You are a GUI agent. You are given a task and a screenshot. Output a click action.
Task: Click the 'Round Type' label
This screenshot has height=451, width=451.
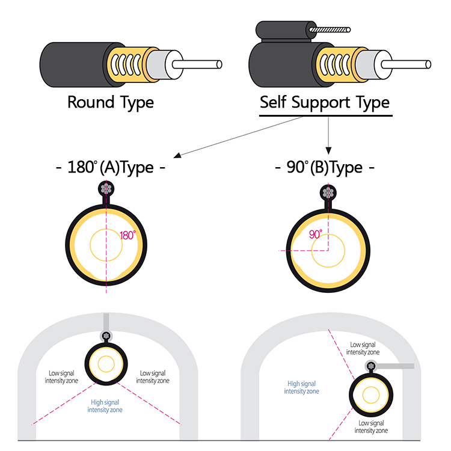[x=110, y=102]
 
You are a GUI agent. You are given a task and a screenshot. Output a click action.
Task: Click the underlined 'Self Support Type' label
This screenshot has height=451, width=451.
[x=325, y=102]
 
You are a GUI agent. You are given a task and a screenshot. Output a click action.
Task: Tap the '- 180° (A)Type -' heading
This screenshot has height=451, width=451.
[x=110, y=167]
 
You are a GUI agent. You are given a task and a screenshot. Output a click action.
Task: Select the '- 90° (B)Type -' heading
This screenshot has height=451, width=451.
[x=324, y=167]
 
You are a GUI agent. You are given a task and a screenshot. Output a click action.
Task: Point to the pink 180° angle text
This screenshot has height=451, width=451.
[x=127, y=235]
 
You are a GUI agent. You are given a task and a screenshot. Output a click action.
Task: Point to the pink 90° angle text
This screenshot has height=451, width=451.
[x=316, y=234]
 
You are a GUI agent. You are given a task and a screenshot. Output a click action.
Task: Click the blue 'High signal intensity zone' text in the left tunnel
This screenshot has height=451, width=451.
[x=105, y=406]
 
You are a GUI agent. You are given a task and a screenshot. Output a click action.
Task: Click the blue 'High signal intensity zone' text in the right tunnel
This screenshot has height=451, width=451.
[x=302, y=387]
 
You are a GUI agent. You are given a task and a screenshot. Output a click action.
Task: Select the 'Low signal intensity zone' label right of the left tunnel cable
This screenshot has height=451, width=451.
[x=153, y=377]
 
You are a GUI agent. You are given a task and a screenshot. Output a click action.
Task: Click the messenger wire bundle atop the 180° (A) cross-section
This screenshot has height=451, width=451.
[x=106, y=189]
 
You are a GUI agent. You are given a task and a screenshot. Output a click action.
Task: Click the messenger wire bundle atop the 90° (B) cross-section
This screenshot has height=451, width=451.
[x=328, y=192]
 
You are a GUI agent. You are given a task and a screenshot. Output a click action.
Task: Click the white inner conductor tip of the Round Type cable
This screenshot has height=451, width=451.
[x=219, y=64]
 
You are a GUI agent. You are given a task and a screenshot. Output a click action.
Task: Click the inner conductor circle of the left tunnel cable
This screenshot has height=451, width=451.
[x=106, y=363]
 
